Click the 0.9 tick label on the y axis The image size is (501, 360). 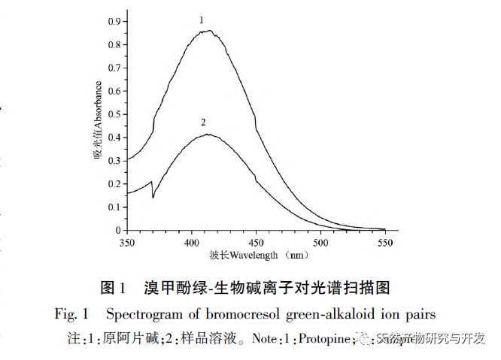113,23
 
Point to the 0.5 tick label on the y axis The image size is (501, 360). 113,115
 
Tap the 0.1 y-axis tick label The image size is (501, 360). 113,207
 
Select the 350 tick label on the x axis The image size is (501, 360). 127,243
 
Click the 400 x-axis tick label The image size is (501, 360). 192,243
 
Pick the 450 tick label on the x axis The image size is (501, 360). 256,243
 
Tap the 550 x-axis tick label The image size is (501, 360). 385,243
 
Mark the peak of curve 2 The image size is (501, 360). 207,135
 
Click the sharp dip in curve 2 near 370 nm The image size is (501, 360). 153,198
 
